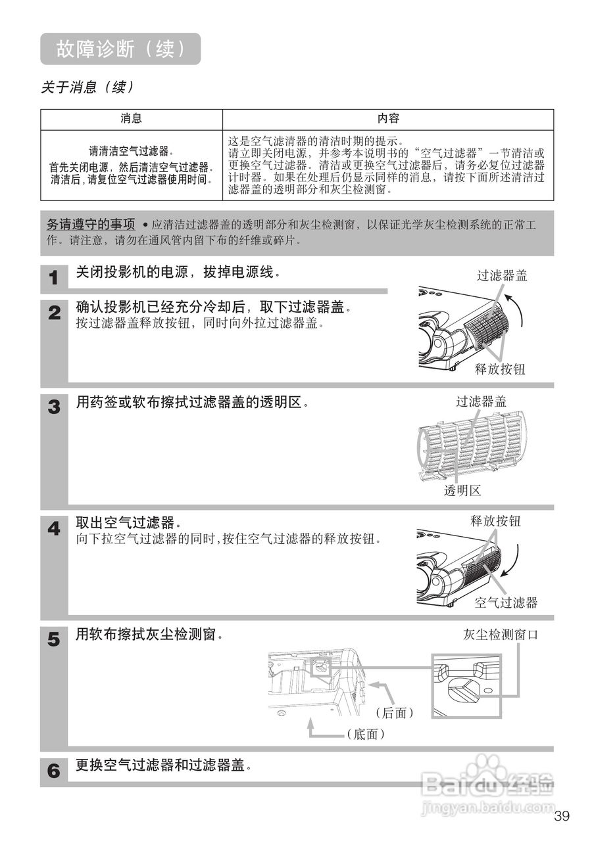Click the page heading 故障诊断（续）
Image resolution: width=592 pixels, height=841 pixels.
[120, 49]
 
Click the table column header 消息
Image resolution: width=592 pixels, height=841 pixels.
[131, 119]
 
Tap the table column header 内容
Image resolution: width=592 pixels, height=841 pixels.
[388, 119]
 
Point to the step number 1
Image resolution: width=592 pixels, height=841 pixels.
[54, 279]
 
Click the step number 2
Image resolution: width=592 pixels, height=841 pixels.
[54, 313]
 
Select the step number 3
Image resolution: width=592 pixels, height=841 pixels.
[54, 407]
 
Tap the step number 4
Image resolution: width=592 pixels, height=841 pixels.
[54, 528]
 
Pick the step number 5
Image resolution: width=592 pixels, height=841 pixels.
[54, 639]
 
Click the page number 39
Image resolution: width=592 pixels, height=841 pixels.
[562, 817]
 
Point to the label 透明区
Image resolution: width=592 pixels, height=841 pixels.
[462, 491]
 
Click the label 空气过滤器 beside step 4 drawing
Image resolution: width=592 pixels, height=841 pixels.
[506, 602]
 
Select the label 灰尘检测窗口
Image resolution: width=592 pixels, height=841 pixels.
[500, 635]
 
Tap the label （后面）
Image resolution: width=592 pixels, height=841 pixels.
[394, 713]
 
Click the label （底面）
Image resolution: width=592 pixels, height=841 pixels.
[365, 735]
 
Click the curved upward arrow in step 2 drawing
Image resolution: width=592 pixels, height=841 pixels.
[518, 309]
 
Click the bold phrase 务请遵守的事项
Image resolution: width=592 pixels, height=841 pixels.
[91, 224]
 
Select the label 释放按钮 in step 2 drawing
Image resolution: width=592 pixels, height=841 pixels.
[500, 369]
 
